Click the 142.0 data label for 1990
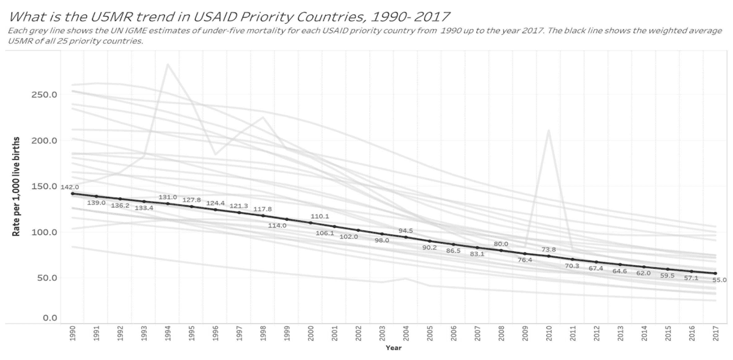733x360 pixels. pos(69,187)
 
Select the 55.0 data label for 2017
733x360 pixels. pos(719,280)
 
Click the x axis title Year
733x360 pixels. pos(393,348)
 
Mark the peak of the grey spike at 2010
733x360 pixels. pos(548,130)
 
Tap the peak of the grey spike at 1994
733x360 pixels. pos(168,64)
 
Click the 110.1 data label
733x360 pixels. pos(320,216)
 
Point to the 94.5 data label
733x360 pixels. pos(406,230)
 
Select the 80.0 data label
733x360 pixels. pos(501,244)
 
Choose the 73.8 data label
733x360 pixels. pos(549,249)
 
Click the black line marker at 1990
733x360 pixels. pos(73,193)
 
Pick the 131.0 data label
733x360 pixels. pos(168,197)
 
